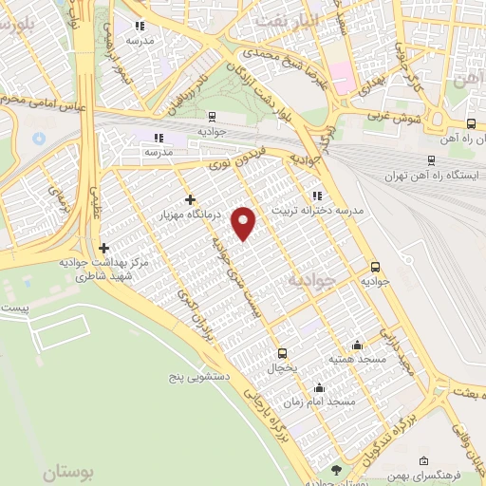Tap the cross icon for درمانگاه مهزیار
click(191, 199)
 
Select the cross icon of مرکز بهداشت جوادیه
click(103, 247)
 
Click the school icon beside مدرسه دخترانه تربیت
click(317, 196)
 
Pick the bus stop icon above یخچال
click(282, 351)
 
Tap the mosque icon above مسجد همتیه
click(357, 345)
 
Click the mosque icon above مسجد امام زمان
click(320, 387)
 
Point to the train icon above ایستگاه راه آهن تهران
click(432, 160)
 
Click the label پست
click(14, 309)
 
